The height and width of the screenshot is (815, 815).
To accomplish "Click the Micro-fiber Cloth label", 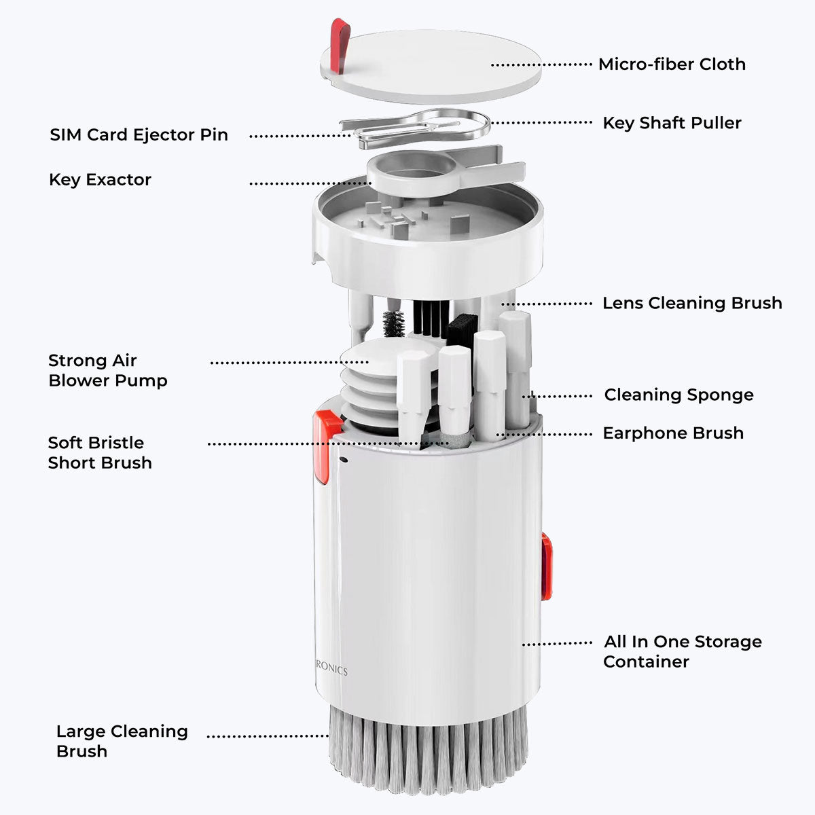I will click(x=671, y=65).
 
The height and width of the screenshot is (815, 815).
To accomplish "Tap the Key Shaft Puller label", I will click(x=672, y=123).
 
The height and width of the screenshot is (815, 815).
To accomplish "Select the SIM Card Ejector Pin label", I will click(x=139, y=134).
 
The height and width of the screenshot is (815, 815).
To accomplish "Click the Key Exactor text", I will click(x=100, y=180).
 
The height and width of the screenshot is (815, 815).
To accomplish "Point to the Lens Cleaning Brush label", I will click(x=691, y=303).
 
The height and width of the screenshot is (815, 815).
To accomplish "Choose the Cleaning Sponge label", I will click(x=678, y=395).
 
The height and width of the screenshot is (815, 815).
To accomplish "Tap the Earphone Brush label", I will click(x=672, y=433).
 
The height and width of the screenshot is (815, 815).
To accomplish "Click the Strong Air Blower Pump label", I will click(x=107, y=370).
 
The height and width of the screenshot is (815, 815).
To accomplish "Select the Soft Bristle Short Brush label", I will click(x=100, y=453).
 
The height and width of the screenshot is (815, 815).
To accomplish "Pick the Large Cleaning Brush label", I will click(x=122, y=741).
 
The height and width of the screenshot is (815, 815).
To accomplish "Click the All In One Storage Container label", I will click(x=682, y=651).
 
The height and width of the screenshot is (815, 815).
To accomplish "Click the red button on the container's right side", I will click(x=546, y=566).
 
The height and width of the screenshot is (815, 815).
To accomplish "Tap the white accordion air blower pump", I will click(x=367, y=387).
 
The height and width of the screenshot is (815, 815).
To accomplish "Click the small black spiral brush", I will click(x=393, y=323).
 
